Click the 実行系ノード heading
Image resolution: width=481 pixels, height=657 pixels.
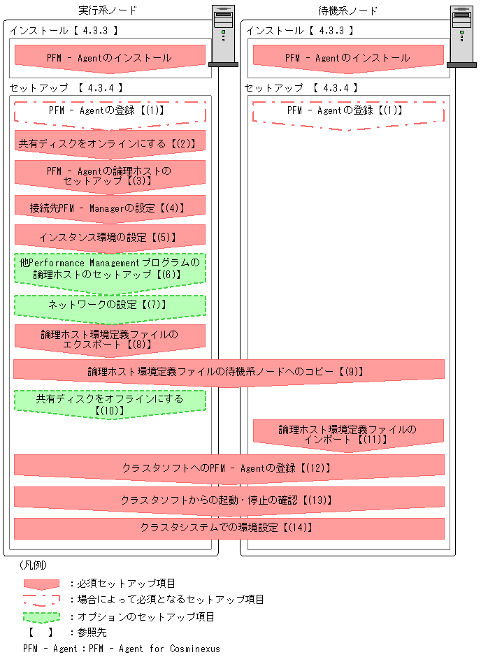click(108, 10)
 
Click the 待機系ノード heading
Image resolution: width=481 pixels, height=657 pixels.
click(347, 10)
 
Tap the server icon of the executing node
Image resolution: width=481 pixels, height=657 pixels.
click(223, 36)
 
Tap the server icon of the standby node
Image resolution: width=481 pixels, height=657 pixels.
click(461, 36)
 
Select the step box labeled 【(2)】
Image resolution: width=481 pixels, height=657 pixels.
click(110, 143)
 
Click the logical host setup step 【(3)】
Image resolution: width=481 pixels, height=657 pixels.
click(110, 175)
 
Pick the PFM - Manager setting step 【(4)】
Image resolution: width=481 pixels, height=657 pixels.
click(110, 207)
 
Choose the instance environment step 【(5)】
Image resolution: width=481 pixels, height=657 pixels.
click(110, 236)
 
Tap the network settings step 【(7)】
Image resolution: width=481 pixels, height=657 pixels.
click(110, 305)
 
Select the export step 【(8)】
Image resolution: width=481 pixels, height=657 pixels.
click(110, 339)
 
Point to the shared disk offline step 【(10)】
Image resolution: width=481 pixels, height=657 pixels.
click(110, 404)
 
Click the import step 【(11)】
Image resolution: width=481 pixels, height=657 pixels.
click(347, 434)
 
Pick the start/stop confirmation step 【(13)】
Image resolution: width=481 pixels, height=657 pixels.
click(229, 500)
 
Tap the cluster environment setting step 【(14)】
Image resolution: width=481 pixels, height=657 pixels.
click(229, 528)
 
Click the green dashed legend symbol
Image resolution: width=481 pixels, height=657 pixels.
click(41, 617)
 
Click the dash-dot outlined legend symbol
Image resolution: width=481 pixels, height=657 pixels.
click(41, 600)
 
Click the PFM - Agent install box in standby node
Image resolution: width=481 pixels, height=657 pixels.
click(347, 58)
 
